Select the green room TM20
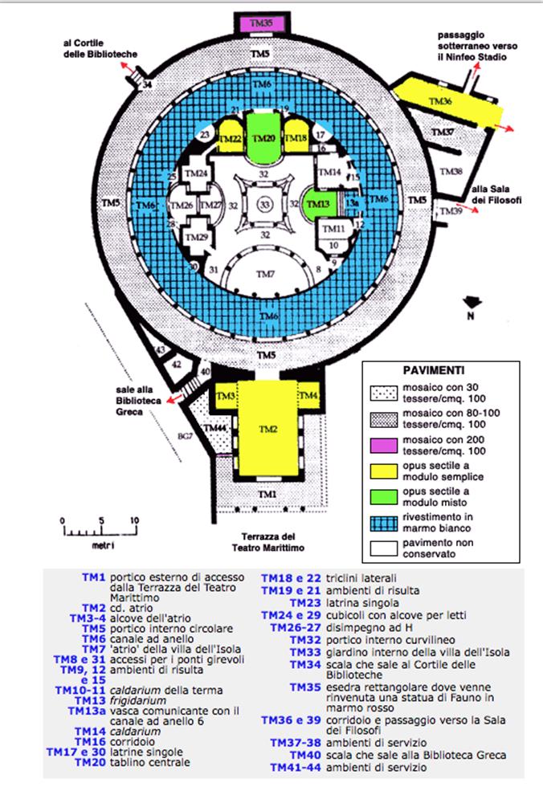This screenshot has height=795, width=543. coord(267,138)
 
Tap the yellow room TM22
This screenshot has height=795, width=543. coord(230,139)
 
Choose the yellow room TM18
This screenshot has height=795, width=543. coord(296,138)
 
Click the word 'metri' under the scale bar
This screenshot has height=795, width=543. coord(100,545)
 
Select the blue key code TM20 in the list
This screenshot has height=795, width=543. coord(90,762)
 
